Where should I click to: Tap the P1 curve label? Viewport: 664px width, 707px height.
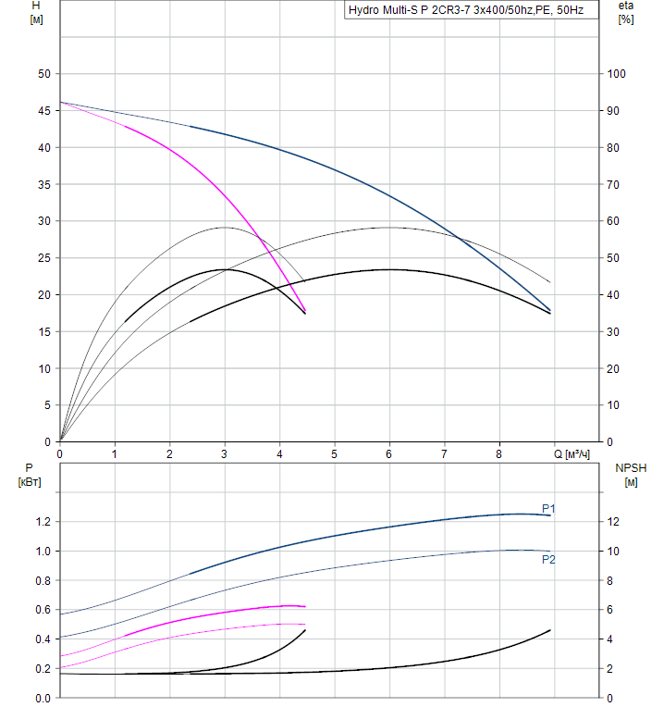pyautogui.click(x=548, y=508)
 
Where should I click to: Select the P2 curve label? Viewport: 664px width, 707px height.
pyautogui.click(x=548, y=559)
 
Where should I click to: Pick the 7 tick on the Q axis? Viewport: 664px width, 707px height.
pyautogui.click(x=444, y=454)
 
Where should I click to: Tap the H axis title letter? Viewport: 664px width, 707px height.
pyautogui.click(x=36, y=6)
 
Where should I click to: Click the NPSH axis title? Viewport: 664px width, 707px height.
pyautogui.click(x=631, y=468)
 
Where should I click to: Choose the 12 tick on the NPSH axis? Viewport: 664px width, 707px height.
pyautogui.click(x=625, y=522)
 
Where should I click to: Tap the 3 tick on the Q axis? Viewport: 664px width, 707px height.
pyautogui.click(x=225, y=454)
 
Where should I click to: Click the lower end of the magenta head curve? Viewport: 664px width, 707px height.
pyautogui.click(x=304, y=311)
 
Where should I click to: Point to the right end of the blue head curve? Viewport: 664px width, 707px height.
pyautogui.click(x=550, y=310)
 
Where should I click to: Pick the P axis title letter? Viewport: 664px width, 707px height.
pyautogui.click(x=30, y=468)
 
